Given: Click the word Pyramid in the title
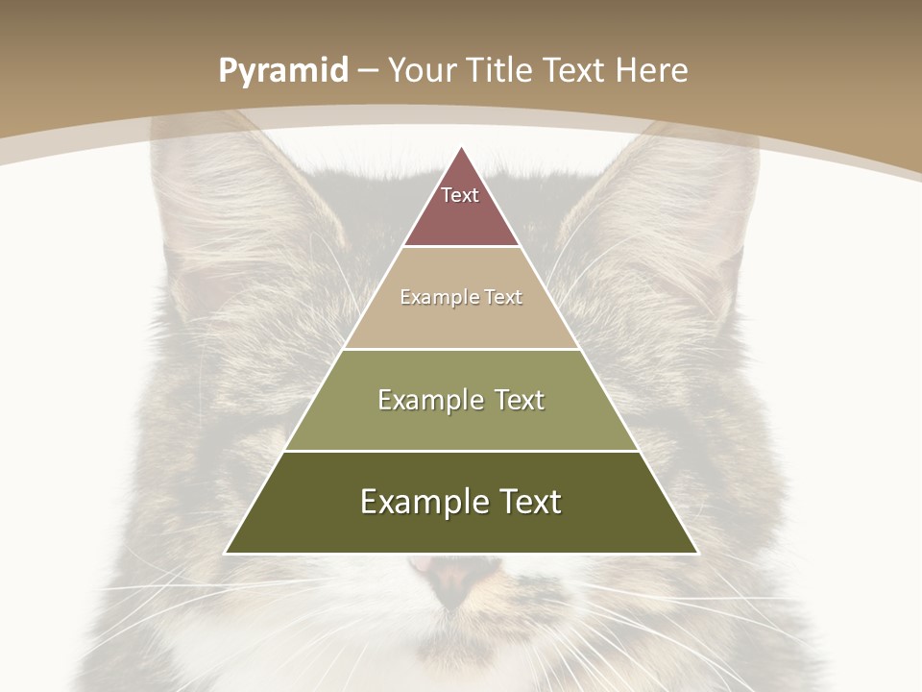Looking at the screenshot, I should coord(282,71).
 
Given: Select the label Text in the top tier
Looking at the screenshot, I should coord(460,195).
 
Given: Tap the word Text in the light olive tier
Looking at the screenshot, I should coord(515,400).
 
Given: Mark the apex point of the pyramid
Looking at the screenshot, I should coord(462,147).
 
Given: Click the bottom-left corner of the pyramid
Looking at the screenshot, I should coord(226,553).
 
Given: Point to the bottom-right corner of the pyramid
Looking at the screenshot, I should coord(697,553).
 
